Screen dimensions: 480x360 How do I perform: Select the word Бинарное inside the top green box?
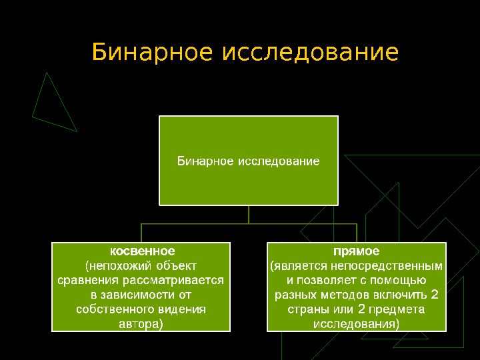click(x=205, y=161)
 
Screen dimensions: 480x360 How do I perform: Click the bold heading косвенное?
click(x=142, y=251)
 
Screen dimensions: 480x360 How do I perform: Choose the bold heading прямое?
click(x=357, y=251)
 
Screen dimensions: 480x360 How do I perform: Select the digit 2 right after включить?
click(x=435, y=295)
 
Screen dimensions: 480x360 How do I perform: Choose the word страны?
click(x=305, y=309)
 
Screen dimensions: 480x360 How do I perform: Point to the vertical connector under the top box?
click(x=249, y=214)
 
